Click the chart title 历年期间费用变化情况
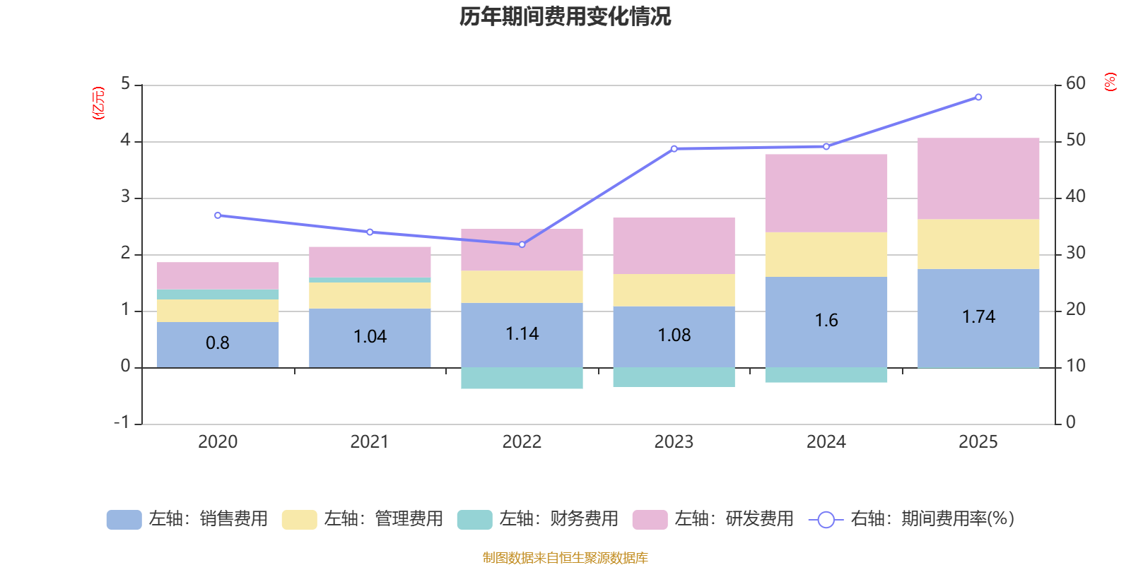coord(565,16)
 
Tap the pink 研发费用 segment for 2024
coord(826,193)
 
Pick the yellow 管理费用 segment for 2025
coord(978,244)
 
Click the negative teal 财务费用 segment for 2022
coord(522,378)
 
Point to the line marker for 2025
coord(978,97)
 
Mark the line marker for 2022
coord(522,244)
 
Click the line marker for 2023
coord(674,148)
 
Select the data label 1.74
coord(978,317)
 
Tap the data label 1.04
coord(370,337)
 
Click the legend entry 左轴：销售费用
coord(187,519)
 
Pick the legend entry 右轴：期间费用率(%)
coord(912,519)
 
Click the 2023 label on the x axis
coord(674,442)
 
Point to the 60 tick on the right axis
coord(1076,83)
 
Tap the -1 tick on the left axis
coord(123,422)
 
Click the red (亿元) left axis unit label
coord(98,103)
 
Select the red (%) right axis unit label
coord(1111,82)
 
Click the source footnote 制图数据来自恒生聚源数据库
coord(565,558)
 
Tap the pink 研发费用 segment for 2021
coord(370,261)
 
